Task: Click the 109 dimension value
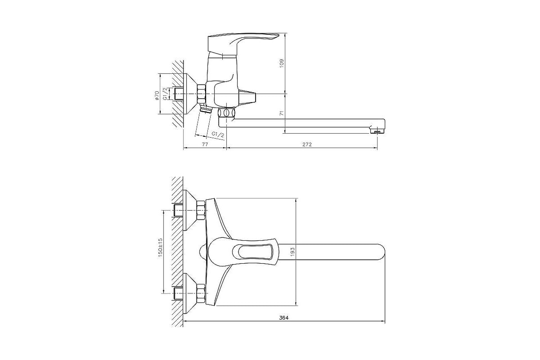pyautogui.click(x=282, y=63)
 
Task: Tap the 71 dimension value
pyautogui.click(x=282, y=113)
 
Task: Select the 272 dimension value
pyautogui.click(x=307, y=144)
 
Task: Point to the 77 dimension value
pyautogui.click(x=205, y=144)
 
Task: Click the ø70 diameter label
pyautogui.click(x=157, y=95)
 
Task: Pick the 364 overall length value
pyautogui.click(x=284, y=318)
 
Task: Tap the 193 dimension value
pyautogui.click(x=292, y=252)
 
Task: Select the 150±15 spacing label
pyautogui.click(x=161, y=247)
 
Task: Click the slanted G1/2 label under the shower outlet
pyautogui.click(x=218, y=135)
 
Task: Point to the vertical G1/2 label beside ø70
pyautogui.click(x=166, y=94)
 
